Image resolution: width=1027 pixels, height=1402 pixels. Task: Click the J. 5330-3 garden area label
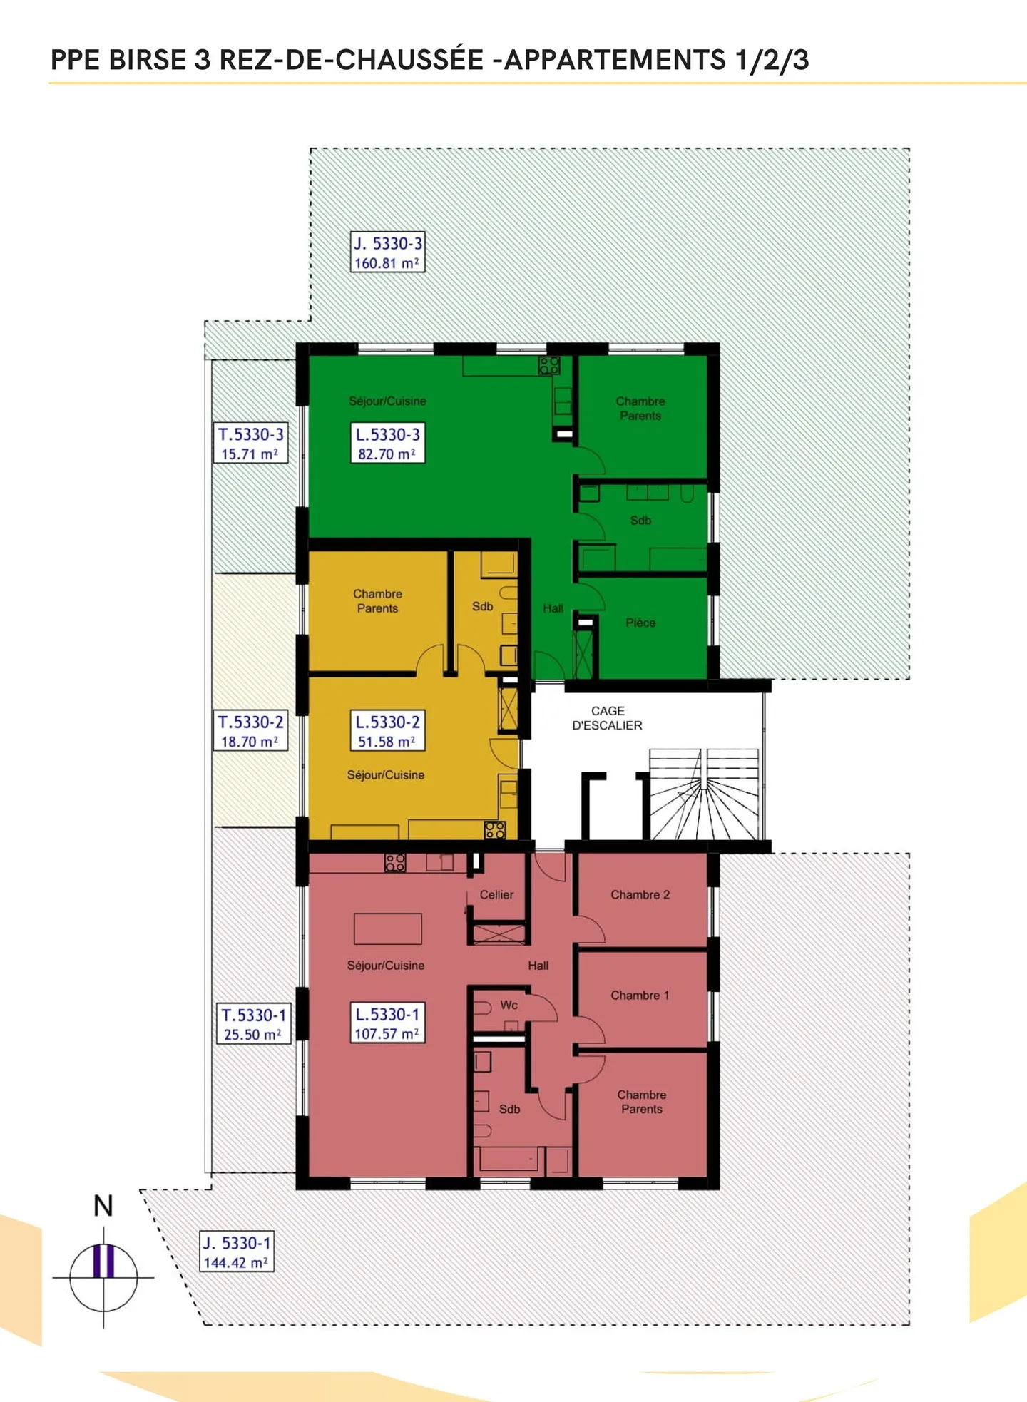point(388,252)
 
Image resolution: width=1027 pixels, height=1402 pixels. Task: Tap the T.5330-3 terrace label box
point(250,444)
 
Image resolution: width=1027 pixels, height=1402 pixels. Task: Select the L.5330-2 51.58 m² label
point(387,731)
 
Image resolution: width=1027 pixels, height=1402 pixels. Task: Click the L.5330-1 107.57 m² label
point(387,1023)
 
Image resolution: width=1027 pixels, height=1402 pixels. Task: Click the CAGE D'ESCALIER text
point(608,718)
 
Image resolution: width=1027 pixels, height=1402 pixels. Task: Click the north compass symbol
point(104,1276)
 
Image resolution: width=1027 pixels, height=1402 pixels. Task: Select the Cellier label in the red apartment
point(496,894)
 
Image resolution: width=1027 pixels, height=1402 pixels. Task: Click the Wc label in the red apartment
point(509,1005)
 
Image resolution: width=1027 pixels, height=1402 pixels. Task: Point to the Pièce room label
point(640,623)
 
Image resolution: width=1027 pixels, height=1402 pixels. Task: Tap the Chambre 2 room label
point(640,894)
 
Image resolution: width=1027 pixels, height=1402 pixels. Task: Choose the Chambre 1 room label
point(640,995)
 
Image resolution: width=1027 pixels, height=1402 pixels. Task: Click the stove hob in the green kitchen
point(548,366)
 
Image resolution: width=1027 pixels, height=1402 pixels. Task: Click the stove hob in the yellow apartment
point(494,829)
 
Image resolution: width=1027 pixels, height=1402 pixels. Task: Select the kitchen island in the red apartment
point(387,928)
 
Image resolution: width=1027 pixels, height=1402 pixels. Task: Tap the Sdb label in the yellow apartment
point(482,606)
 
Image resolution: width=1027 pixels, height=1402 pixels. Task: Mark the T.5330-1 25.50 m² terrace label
point(253,1024)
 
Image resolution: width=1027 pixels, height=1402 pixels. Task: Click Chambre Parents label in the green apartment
point(640,409)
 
